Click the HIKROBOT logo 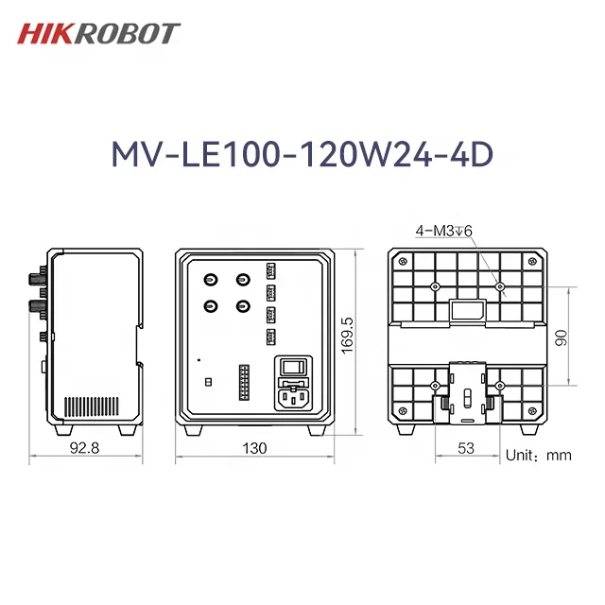pyautogui.click(x=98, y=33)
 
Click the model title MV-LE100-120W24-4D pyautogui.click(x=302, y=155)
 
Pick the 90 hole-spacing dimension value pyautogui.click(x=559, y=337)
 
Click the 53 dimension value pyautogui.click(x=465, y=448)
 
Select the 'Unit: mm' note pyautogui.click(x=539, y=455)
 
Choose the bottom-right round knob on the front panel pyautogui.click(x=244, y=305)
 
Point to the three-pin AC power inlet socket pyautogui.click(x=292, y=397)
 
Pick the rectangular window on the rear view pyautogui.click(x=466, y=311)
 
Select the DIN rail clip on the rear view pyautogui.click(x=466, y=394)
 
